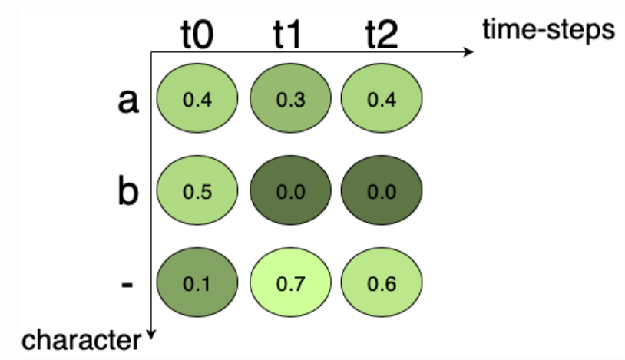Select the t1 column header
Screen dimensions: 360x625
[286, 36]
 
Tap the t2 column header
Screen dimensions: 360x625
[381, 36]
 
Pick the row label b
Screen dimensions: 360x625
[127, 191]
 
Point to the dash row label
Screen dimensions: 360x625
[127, 284]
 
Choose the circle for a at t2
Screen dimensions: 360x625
[381, 99]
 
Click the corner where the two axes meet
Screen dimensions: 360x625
[152, 53]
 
